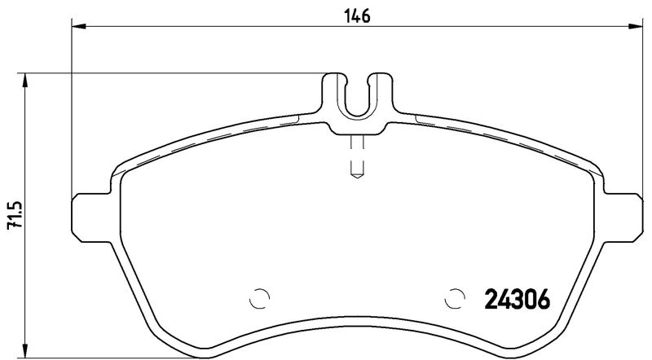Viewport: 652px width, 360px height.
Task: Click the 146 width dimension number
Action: click(x=357, y=15)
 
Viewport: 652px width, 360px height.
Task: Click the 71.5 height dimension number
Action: click(x=15, y=215)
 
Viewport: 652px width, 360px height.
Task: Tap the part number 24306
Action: click(x=518, y=300)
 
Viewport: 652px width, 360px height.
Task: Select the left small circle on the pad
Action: click(x=259, y=298)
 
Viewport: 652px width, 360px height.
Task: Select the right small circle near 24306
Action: click(x=455, y=298)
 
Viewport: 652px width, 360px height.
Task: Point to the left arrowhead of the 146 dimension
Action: click(x=78, y=26)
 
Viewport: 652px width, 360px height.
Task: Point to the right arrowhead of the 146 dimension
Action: click(x=636, y=26)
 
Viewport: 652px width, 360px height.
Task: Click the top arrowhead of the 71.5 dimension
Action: click(x=25, y=81)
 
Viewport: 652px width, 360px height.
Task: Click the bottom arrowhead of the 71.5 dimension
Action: click(x=25, y=350)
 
